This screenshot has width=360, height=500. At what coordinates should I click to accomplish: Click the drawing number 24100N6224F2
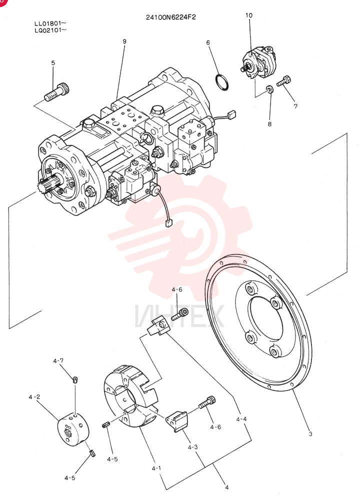[x=170, y=17]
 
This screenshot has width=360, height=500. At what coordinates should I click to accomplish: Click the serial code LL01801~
[x=50, y=23]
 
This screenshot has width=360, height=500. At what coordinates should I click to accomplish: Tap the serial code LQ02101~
[x=50, y=30]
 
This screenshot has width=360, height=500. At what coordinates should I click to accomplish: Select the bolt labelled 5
[x=57, y=92]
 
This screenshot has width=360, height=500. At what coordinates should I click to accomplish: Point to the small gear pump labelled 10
[x=259, y=63]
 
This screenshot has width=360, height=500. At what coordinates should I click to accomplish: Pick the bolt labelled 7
[x=283, y=80]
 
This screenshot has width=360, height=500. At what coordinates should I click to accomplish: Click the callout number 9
[x=124, y=41]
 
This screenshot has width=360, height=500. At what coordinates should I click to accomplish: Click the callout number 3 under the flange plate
[x=310, y=433]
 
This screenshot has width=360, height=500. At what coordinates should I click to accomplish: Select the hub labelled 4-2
[x=73, y=429]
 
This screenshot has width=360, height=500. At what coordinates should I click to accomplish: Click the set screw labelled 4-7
[x=75, y=379]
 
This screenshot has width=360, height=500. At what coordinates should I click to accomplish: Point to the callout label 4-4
[x=241, y=419]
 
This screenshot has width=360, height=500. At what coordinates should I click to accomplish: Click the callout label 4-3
[x=192, y=447]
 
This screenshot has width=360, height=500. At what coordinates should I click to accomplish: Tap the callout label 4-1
[x=156, y=468]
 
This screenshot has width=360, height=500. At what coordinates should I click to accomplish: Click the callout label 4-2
[x=34, y=397]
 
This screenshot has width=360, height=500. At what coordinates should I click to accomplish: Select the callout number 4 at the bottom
[x=226, y=487]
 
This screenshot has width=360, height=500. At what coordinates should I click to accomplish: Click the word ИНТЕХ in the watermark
[x=179, y=316]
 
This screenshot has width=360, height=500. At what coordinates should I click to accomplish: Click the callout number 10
[x=248, y=15]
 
